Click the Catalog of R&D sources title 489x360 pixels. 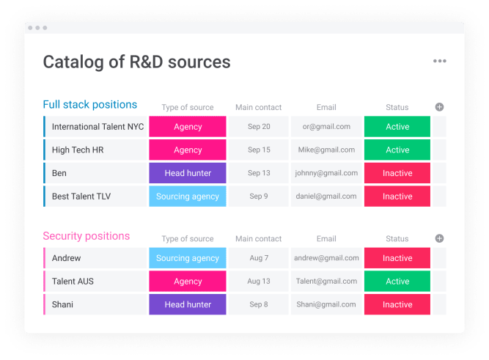136,62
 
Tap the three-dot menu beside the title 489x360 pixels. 439,61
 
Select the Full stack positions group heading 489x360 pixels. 90,105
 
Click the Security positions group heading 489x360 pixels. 86,236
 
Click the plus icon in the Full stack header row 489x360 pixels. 439,107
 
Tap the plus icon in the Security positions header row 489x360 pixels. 439,238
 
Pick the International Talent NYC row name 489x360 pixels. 98,127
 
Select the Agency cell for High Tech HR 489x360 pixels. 188,150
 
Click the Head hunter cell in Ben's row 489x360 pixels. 188,173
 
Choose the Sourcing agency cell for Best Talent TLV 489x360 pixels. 188,196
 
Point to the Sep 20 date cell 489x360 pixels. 259,127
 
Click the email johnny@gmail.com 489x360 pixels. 326,173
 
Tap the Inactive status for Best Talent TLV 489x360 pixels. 397,196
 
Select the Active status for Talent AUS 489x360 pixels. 397,281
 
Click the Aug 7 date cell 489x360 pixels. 259,258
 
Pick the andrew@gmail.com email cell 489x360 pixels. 326,258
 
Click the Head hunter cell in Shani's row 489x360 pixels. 188,304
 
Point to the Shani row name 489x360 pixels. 62,304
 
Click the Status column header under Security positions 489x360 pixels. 397,238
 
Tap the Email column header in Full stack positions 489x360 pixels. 326,107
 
